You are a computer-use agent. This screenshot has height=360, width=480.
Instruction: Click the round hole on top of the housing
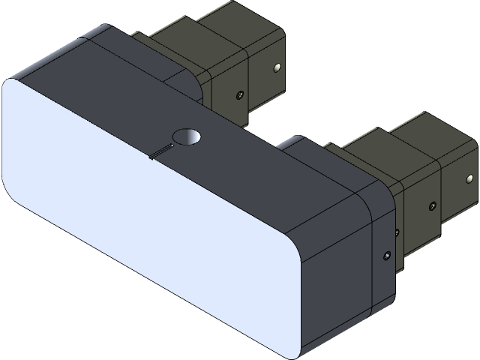pos(187,137)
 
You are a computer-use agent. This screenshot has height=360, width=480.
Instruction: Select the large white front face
pos(150,217)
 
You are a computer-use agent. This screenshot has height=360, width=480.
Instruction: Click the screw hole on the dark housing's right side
pos(386,256)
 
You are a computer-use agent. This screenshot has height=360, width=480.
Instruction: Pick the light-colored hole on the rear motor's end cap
pos(278,68)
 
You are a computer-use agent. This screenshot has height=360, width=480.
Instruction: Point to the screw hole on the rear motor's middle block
pos(239,95)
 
